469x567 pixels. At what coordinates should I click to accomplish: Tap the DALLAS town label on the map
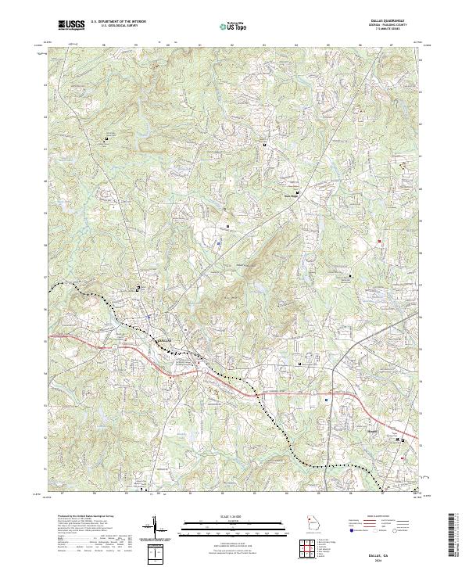click(x=161, y=341)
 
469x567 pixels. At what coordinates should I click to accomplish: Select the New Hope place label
click(x=290, y=196)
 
